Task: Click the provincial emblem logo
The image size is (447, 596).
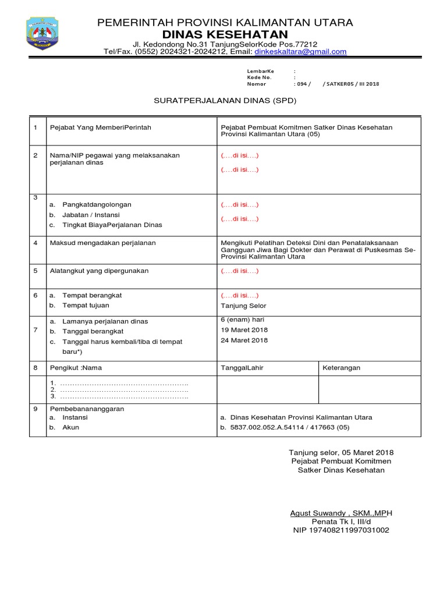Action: coord(42,34)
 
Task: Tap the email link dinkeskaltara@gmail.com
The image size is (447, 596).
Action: coord(300,51)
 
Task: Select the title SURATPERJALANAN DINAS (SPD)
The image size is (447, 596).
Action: coord(225,100)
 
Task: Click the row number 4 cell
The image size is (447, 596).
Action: coord(36,242)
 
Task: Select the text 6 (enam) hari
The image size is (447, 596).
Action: coord(243,320)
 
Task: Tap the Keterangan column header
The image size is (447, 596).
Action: coord(342,368)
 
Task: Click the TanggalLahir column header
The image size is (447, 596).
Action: coord(242,368)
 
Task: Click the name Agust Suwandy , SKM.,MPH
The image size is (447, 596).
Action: coord(341,513)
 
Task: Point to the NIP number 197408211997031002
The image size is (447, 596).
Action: coord(341,530)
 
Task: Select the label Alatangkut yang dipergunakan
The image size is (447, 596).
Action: coord(100,271)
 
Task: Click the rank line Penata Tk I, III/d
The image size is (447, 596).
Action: coord(341,521)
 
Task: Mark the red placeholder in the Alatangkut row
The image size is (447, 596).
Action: coord(240,271)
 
